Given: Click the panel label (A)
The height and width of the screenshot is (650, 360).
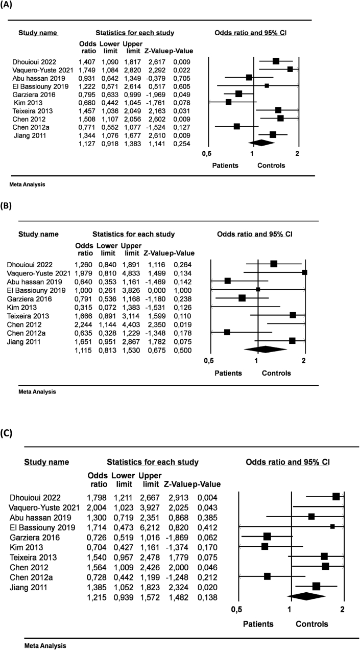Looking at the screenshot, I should coord(8,8).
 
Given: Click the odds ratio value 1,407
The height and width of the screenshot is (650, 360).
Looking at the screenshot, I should coord(87,62).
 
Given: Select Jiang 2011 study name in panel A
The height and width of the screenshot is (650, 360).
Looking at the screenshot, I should coord(30,134).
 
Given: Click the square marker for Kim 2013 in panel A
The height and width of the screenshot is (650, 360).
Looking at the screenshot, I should coord(228,102).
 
